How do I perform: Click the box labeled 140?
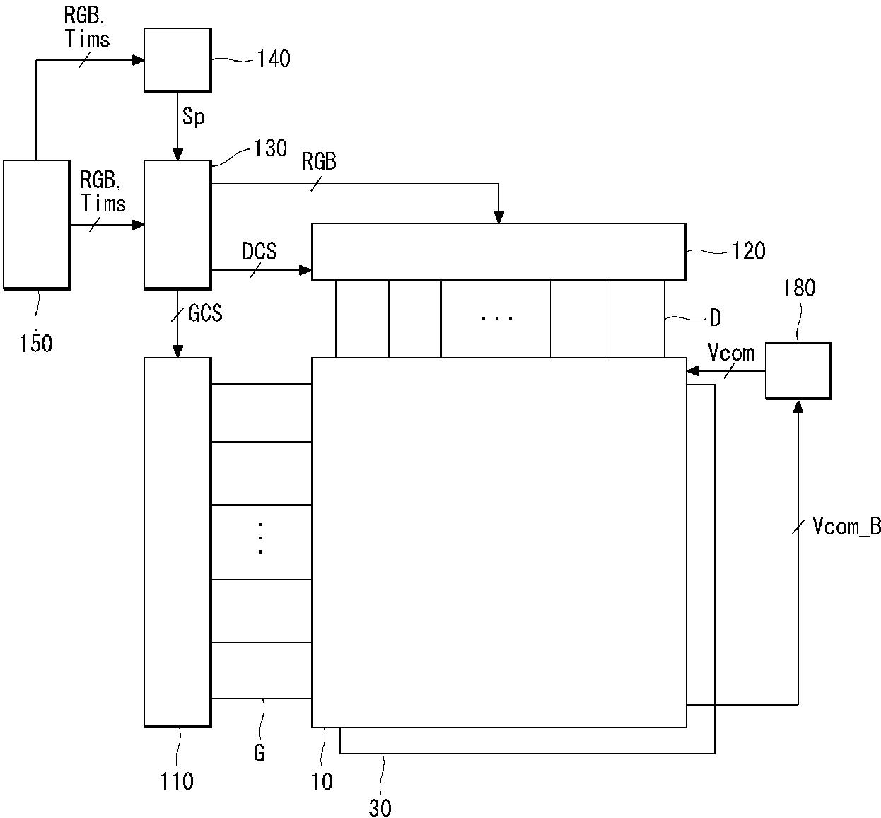[x=177, y=60]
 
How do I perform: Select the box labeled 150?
[x=36, y=225]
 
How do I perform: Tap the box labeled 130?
[x=177, y=225]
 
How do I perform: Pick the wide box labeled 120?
[x=499, y=252]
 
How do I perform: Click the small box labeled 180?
[x=798, y=371]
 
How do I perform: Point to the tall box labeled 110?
[x=177, y=542]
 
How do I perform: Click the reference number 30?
[x=380, y=807]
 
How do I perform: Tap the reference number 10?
[x=322, y=782]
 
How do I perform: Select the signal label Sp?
[x=194, y=117]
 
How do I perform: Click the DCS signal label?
[x=259, y=251]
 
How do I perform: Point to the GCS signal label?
[x=205, y=313]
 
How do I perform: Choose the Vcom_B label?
[x=846, y=527]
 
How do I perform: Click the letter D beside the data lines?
[x=716, y=317]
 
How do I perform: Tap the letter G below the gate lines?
[x=259, y=753]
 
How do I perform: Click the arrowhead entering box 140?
[x=139, y=60]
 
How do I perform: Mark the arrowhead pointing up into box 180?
[x=798, y=407]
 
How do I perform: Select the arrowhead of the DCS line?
[x=305, y=269]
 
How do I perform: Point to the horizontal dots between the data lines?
[x=497, y=317]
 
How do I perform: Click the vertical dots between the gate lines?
[x=260, y=538]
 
